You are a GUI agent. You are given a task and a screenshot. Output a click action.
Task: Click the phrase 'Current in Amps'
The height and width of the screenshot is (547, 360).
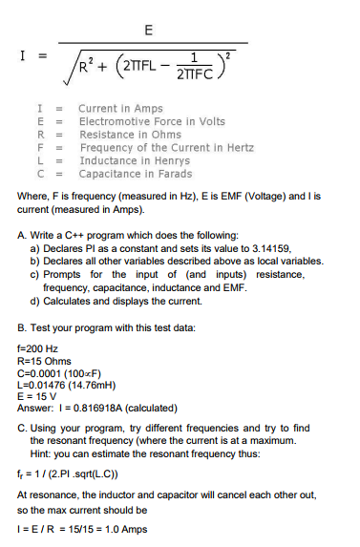pos(120,109)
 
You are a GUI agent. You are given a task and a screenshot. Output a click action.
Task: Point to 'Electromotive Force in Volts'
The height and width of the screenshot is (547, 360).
pos(151,122)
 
